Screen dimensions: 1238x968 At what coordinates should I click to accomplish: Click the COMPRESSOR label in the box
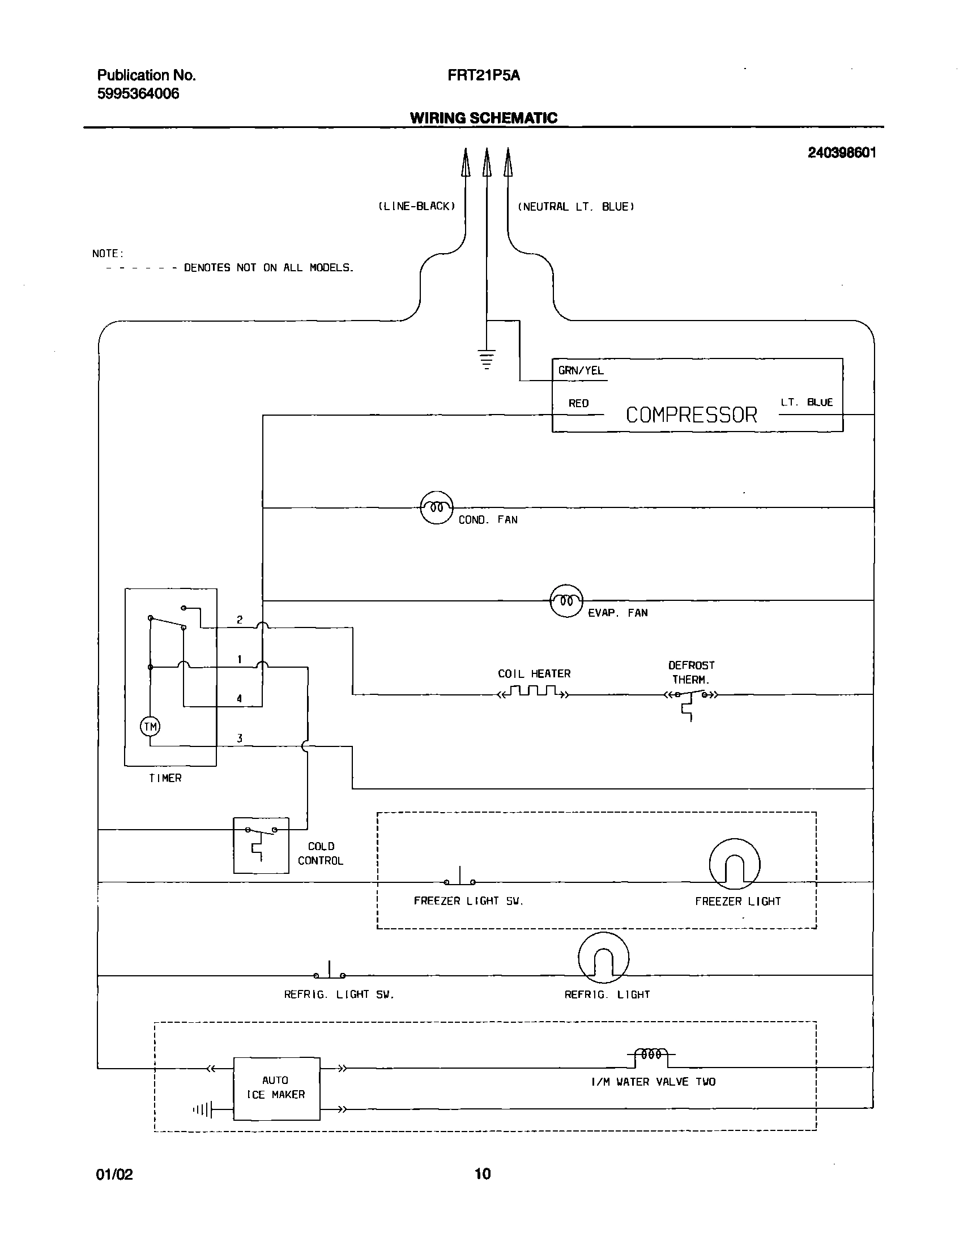[x=691, y=415]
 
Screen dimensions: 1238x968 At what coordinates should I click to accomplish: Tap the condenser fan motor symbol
[x=436, y=507]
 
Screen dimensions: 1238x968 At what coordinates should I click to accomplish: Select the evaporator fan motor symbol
[x=566, y=600]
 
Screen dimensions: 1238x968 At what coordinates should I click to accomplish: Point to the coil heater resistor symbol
[x=533, y=692]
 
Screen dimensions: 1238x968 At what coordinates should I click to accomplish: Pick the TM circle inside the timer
[x=150, y=727]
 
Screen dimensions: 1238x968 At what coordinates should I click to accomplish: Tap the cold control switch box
[x=261, y=844]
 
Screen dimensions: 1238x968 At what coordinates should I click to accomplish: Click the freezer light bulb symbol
[x=735, y=864]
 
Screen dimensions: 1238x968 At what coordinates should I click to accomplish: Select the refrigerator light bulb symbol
[x=603, y=958]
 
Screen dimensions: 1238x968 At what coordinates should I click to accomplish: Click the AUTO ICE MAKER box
[x=276, y=1088]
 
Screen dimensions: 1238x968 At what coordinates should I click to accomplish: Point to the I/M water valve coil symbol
[x=651, y=1055]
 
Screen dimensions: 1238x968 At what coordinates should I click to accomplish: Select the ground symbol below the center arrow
[x=487, y=360]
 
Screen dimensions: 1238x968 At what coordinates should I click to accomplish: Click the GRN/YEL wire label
[x=581, y=371]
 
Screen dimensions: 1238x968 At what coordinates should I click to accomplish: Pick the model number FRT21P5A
[x=483, y=75]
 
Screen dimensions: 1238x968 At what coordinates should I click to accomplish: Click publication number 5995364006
[x=138, y=94]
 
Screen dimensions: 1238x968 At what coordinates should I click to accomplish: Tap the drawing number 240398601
[x=842, y=152]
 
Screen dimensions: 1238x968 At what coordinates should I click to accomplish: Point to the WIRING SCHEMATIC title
[x=483, y=118]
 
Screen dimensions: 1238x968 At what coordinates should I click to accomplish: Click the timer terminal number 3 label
[x=240, y=738]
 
